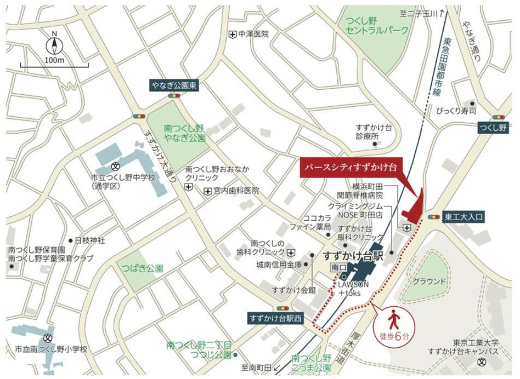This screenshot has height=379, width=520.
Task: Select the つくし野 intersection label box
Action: pyautogui.click(x=491, y=128)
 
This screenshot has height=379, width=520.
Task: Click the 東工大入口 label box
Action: pyautogui.click(x=464, y=217)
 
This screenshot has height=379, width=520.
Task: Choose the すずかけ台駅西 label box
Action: pyautogui.click(x=275, y=318)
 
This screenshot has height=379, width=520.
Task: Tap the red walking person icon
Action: pyautogui.click(x=393, y=319)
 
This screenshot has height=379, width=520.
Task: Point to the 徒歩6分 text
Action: pyautogui.click(x=393, y=335)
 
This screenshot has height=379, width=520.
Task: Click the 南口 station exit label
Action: pyautogui.click(x=336, y=267)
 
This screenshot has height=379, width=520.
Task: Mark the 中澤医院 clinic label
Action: pyautogui.click(x=253, y=34)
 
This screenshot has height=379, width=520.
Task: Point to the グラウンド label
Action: pyautogui.click(x=429, y=281)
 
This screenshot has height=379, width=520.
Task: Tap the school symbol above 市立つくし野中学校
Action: pyautogui.click(x=116, y=166)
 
